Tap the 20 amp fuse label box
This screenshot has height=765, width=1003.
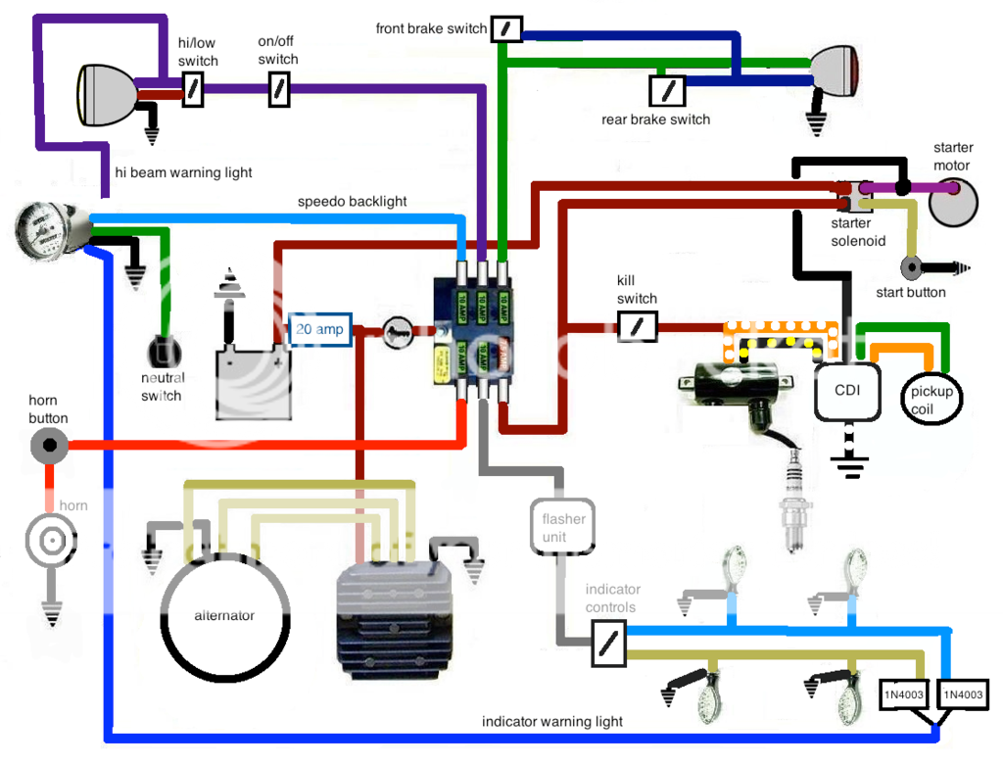tap(319, 330)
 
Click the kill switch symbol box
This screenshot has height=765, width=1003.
tap(638, 327)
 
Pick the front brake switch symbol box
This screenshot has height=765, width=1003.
tap(505, 28)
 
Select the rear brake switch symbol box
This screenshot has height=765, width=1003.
tap(667, 92)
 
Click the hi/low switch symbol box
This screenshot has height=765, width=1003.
tap(193, 90)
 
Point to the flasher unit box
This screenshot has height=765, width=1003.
tap(562, 528)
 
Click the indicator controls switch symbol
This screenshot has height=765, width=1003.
tap(608, 645)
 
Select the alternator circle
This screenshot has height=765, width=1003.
tap(224, 615)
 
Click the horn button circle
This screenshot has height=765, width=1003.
tap(48, 447)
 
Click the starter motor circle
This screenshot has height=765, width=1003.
tap(953, 202)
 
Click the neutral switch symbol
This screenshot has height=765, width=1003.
tap(163, 353)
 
